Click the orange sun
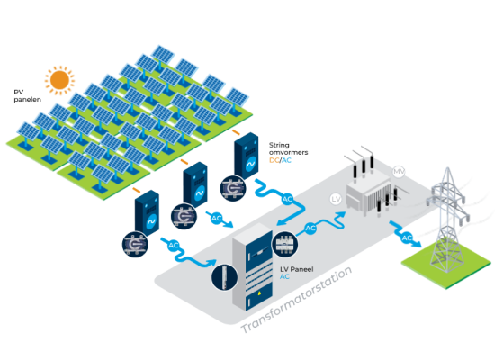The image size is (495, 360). click(x=59, y=80)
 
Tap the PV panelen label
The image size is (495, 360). click(x=28, y=96)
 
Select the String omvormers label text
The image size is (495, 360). click(x=288, y=148)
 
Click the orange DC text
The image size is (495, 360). click(x=274, y=160)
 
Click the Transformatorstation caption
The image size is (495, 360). click(x=296, y=300)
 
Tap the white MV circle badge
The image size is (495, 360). click(x=399, y=172)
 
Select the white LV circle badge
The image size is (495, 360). click(x=336, y=199)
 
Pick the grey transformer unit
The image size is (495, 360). click(x=369, y=190)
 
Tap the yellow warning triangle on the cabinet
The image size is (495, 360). click(x=259, y=293)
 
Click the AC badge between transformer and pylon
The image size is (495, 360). click(x=407, y=238)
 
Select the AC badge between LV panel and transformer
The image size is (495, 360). click(x=310, y=229)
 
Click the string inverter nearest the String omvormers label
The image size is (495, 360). click(x=246, y=156)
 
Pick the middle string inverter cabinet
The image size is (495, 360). click(x=195, y=184)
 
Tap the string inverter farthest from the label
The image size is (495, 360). click(x=147, y=213)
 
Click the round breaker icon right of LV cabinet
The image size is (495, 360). click(x=285, y=244)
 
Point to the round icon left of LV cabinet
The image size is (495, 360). click(x=224, y=277)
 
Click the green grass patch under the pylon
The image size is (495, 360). click(x=446, y=265)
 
